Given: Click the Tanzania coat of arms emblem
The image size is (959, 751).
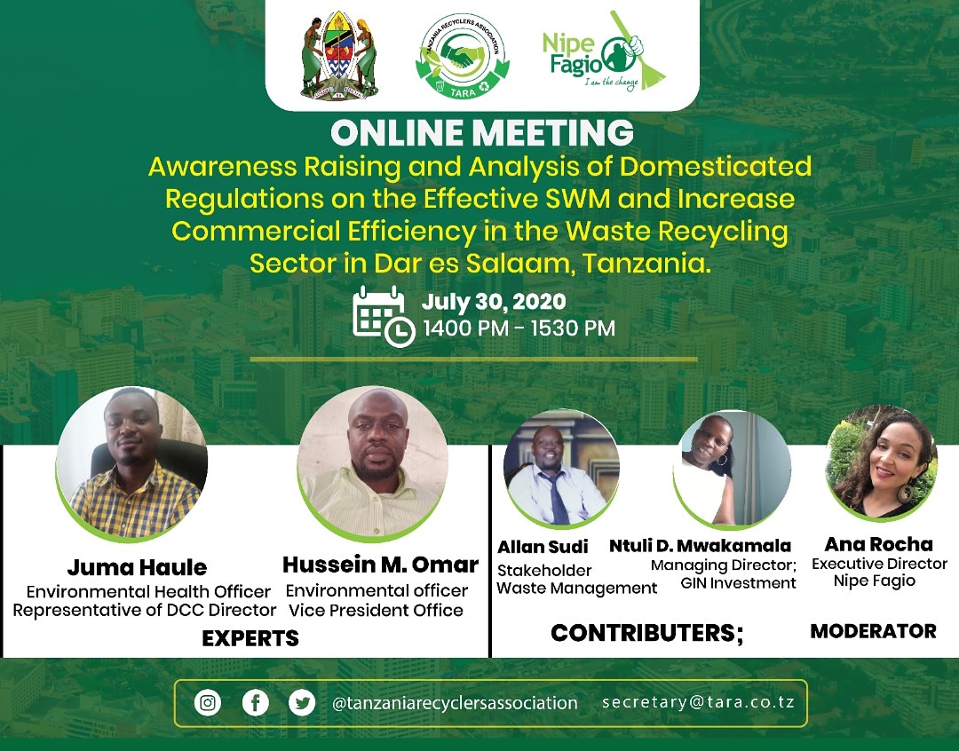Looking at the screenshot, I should (x=339, y=55).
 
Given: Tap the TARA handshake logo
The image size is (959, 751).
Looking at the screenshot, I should (x=462, y=56).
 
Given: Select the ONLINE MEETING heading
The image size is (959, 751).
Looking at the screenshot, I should (x=481, y=133).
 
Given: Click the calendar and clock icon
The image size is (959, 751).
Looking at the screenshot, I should (x=383, y=315).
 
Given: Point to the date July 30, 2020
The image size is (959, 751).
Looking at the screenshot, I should (x=493, y=302).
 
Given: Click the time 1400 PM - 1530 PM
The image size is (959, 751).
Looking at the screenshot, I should (x=519, y=328).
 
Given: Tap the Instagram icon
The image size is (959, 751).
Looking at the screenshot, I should (x=208, y=703).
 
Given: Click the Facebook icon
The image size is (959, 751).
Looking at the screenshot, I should (x=255, y=703).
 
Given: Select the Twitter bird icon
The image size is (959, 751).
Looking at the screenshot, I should (x=302, y=703).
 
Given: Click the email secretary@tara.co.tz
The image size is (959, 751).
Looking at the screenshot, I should (x=698, y=701).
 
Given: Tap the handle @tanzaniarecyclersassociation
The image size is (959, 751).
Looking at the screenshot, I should (x=455, y=703).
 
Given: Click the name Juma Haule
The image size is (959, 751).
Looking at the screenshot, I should (x=137, y=567).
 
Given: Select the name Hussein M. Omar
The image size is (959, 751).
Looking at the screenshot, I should (x=380, y=565).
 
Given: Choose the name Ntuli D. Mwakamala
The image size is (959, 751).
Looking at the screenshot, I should (x=700, y=546).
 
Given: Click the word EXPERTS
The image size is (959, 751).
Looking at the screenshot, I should (x=250, y=637).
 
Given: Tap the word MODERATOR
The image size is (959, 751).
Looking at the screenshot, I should (x=873, y=631).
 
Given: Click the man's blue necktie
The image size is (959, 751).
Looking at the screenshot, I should (x=558, y=497).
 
